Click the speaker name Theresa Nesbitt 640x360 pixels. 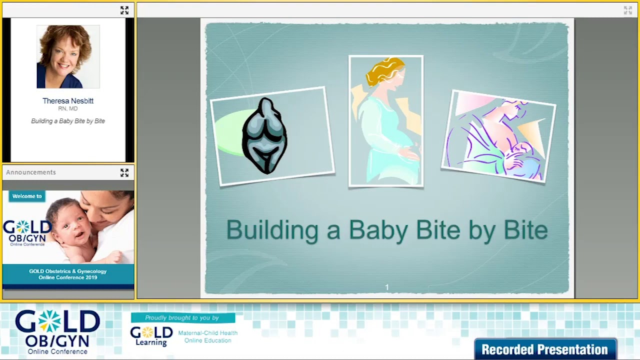pos(68,101)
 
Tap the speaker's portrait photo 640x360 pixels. pos(68,56)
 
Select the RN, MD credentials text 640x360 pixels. pos(68,109)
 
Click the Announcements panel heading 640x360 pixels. pos(31,172)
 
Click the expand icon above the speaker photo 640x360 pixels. pos(124,10)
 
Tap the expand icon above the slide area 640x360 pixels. pos(628,10)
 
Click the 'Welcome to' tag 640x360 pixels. pos(27,196)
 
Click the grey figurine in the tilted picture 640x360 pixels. pos(264,136)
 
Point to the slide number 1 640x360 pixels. pos(387,287)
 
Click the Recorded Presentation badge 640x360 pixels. pos(545,349)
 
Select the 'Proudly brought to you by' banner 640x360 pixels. pos(182,318)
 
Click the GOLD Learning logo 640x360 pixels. pos(151,336)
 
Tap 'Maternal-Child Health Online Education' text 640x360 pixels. pos(207,336)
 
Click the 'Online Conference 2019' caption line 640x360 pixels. pos(68,277)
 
